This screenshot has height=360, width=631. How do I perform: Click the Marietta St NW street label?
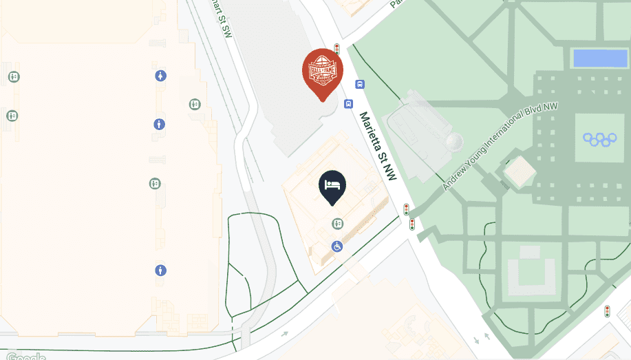(x=378, y=147)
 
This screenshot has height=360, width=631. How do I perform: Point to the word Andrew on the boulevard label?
(x=455, y=178)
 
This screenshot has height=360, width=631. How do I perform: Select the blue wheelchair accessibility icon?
(x=338, y=246)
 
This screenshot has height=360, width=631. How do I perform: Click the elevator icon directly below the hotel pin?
(x=337, y=224)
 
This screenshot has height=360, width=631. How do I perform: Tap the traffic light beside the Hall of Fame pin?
(x=337, y=49)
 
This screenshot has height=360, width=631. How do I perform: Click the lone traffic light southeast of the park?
(x=607, y=311)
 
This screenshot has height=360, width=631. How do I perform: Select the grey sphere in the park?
(x=453, y=142)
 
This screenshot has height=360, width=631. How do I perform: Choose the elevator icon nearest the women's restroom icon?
(x=195, y=104)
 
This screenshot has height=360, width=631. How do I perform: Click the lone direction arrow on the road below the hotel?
(x=284, y=335)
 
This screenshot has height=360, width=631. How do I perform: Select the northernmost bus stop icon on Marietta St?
(x=360, y=84)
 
